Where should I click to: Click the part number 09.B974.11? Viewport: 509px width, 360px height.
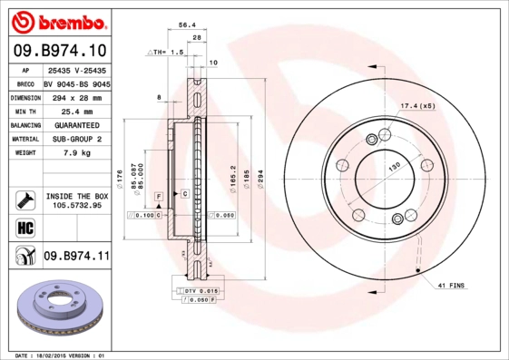(76, 257)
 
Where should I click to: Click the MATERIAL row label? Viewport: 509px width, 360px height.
(24, 139)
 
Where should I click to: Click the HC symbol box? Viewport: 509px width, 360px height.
(24, 226)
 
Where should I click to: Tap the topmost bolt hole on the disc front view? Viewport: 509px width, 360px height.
(373, 139)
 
